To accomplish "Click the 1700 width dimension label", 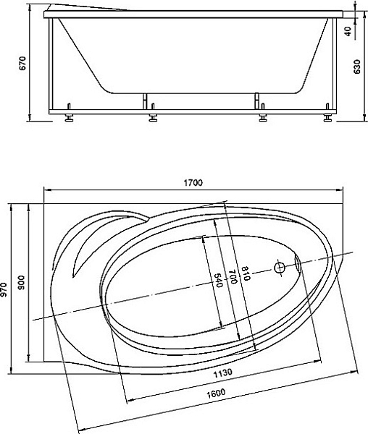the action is tap(193, 183).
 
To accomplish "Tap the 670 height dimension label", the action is tap(22, 63).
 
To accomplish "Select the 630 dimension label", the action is tap(357, 67).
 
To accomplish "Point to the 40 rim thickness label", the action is tap(348, 30).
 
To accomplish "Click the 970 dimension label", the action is tap(4, 290).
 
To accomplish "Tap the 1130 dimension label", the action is tap(222, 373).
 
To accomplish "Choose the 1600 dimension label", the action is tap(216, 393).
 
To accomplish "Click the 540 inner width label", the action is tap(219, 280).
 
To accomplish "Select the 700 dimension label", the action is tap(233, 276).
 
